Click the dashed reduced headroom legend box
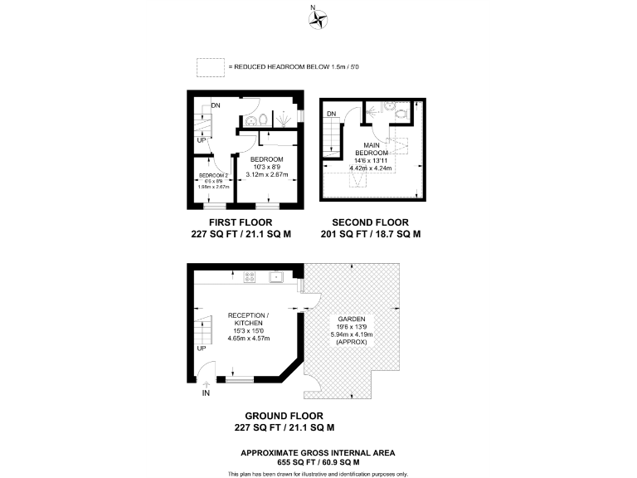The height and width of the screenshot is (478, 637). pos(211,66)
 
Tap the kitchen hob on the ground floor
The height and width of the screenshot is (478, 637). pos(249,278)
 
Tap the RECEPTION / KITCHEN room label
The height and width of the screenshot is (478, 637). pos(249,319)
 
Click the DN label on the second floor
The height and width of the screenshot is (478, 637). pos(331,114)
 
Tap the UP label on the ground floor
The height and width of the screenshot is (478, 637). pos(202,348)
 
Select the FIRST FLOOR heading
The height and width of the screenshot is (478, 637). pos(241,222)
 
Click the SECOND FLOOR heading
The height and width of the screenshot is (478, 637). pos(371,222)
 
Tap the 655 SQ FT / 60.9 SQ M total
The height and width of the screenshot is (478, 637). pos(318,462)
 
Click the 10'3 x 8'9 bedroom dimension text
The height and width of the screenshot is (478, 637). pos(268,167)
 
